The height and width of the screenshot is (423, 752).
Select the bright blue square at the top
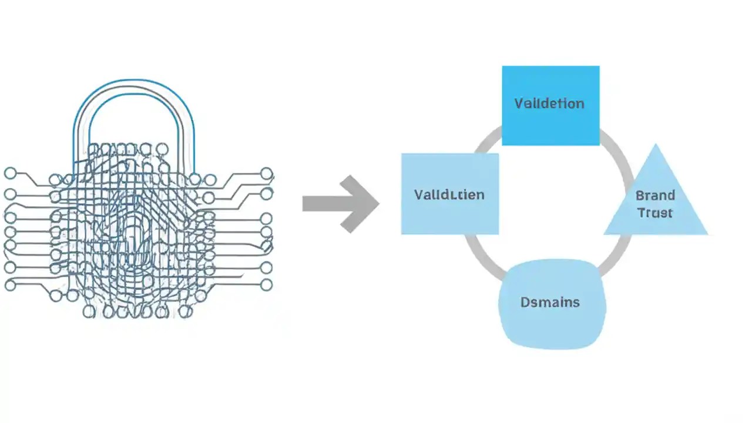click(x=550, y=105)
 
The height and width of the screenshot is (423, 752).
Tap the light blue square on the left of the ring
click(x=449, y=194)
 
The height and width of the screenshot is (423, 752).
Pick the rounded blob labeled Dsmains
click(x=551, y=303)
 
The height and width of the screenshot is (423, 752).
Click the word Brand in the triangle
click(x=655, y=195)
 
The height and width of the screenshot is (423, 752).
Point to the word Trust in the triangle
click(x=655, y=213)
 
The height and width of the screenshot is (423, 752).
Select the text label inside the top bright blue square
click(x=549, y=103)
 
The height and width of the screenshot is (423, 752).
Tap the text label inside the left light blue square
click(x=449, y=194)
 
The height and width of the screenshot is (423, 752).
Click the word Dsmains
click(x=550, y=303)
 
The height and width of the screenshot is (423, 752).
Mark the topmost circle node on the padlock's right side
click(x=267, y=173)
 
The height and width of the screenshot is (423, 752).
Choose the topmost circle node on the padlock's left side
click(x=10, y=173)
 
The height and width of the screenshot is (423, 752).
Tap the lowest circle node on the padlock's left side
click(x=10, y=286)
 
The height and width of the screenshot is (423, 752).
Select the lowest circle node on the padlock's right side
click(x=267, y=285)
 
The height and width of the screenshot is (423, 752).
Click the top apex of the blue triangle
click(x=656, y=146)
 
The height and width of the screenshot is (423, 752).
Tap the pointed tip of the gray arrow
click(x=378, y=204)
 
